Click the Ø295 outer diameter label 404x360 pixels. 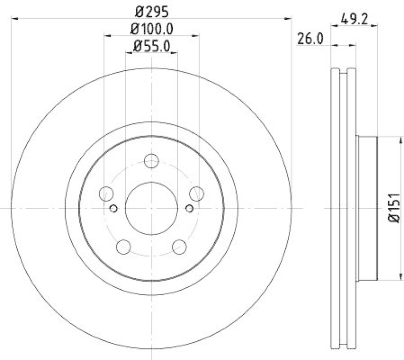151,11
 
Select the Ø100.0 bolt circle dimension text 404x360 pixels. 151,29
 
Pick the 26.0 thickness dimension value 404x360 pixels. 310,39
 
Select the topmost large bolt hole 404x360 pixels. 151,161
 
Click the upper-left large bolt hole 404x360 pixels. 107,194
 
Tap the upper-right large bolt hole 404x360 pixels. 196,194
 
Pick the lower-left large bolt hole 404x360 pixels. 123,247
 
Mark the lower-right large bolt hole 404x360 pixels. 179,247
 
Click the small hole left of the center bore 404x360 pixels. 113,208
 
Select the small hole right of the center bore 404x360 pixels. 189,208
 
